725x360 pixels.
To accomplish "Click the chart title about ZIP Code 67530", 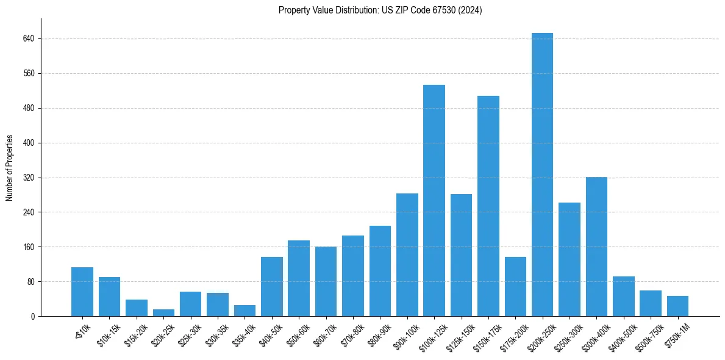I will [x=380, y=10].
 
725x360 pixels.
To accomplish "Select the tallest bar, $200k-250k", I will [x=542, y=175].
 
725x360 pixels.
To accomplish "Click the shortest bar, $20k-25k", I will [x=163, y=312].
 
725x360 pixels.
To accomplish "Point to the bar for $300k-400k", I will [x=596, y=247].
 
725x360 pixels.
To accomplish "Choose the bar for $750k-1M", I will [x=677, y=306].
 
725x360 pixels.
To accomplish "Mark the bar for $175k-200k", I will [x=515, y=286].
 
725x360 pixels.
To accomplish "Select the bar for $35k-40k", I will [x=245, y=311].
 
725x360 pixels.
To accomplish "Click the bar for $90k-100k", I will [x=407, y=254].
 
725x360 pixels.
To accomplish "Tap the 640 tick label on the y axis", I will [x=28, y=38].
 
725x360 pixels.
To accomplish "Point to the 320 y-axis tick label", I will [x=28, y=178].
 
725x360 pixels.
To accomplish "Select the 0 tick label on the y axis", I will [x=32, y=316].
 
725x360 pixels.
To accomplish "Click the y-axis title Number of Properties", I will [x=10, y=168].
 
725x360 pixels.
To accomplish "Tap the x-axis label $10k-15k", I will [x=109, y=334].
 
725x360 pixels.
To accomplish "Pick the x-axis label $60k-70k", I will [x=326, y=334].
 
